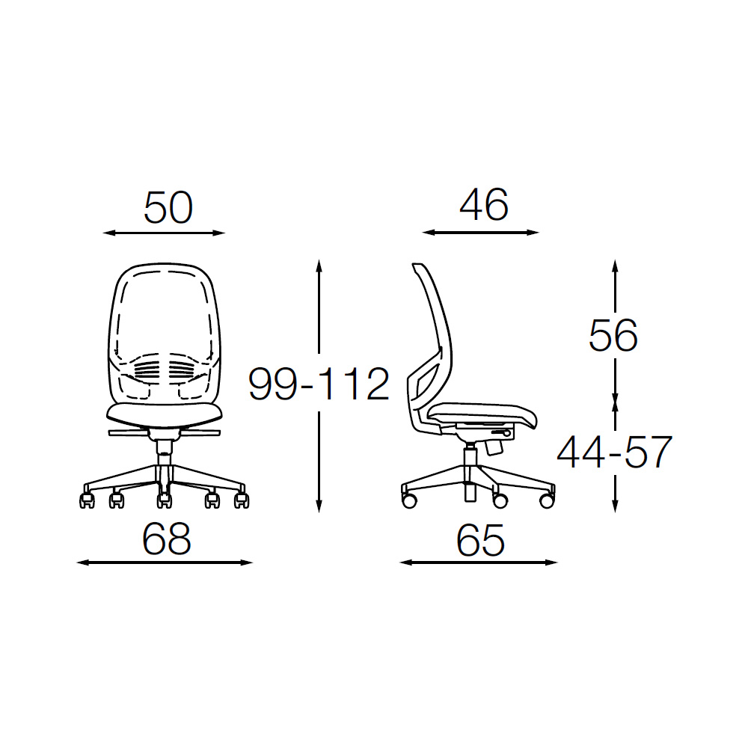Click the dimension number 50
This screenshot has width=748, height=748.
168,207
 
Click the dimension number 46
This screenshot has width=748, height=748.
484,205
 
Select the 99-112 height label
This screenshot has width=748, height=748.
319,384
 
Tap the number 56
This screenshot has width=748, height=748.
613,336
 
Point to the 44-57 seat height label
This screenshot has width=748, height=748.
614,453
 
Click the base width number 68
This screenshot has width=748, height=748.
167,539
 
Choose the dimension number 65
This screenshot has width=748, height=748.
480,541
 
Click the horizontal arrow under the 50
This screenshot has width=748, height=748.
164,233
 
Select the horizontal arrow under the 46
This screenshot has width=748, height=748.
480,233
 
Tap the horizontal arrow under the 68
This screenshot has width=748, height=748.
165,563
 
